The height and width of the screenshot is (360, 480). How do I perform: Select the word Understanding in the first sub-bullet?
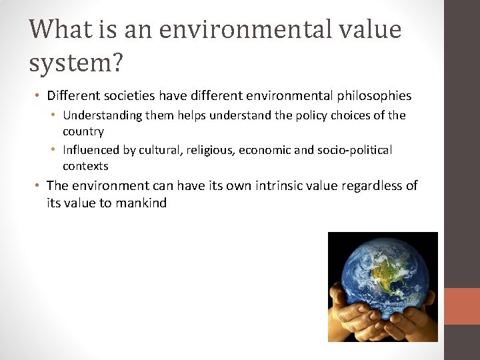click(103, 115)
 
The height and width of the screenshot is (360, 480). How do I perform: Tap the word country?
click(83, 131)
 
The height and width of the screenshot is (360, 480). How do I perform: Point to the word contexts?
click(85, 166)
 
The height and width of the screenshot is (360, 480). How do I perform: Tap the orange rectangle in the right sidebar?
click(462, 306)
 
